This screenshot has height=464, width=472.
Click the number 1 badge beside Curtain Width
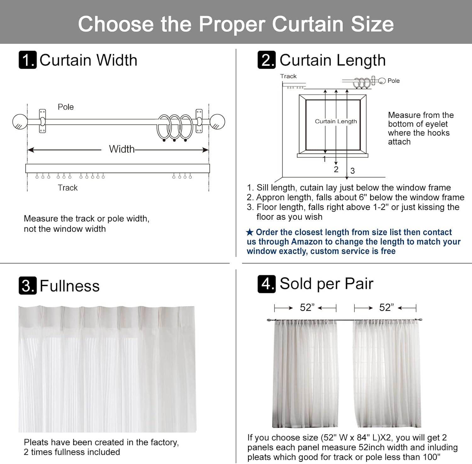tap(28, 60)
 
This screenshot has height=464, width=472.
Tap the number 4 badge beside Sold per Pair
tap(267, 284)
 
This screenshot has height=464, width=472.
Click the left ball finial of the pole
tap(20, 122)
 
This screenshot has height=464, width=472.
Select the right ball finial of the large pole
tap(217, 122)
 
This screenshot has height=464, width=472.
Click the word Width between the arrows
tap(121, 149)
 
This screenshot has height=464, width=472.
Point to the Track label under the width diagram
tap(68, 188)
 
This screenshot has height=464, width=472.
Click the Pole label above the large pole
tap(65, 107)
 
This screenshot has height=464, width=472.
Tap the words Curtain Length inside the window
tap(336, 122)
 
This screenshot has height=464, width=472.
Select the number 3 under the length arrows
tap(352, 171)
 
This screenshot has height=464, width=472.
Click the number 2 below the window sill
tap(336, 169)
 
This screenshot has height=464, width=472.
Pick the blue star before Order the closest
tap(250, 232)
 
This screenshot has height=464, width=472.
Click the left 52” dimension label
tap(307, 308)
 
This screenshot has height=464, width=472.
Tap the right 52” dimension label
tap(386, 308)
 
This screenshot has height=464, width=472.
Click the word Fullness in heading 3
tap(70, 286)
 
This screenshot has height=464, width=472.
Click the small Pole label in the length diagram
tap(393, 81)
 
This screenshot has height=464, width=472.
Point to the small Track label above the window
tap(288, 76)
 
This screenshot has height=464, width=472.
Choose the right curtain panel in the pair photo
tap(387, 373)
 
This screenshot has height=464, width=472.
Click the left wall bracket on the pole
tap(42, 121)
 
